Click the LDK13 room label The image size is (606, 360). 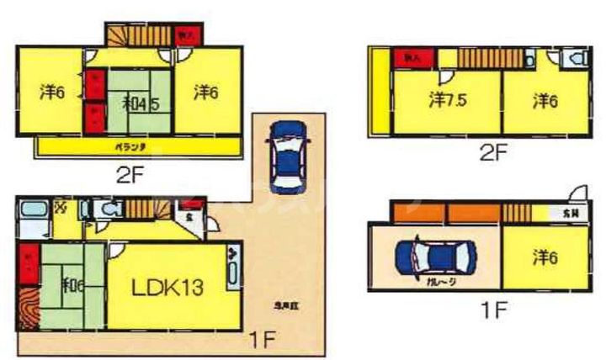167,288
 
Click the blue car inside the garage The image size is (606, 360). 435,257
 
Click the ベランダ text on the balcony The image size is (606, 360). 130,147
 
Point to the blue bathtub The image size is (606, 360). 35,210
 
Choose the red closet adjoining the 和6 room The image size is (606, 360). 29,263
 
